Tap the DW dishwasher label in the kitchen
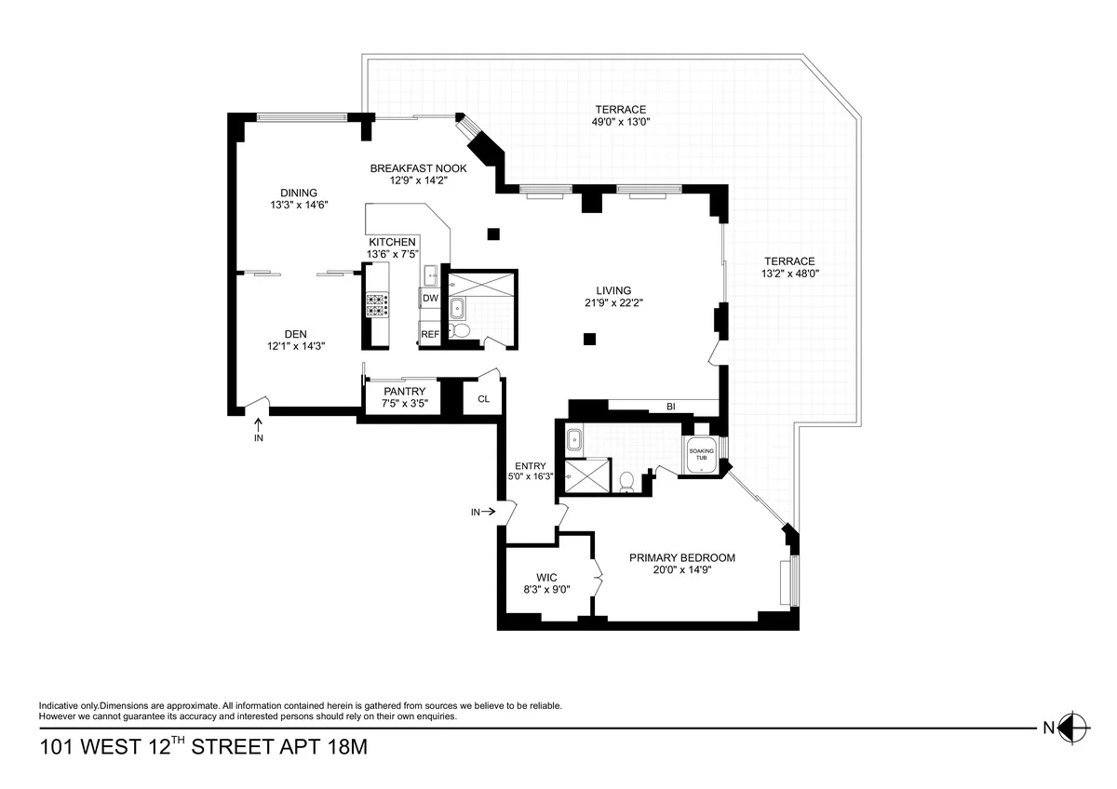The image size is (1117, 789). click(430, 299)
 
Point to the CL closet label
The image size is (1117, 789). click(483, 399)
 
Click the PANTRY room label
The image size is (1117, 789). click(404, 392)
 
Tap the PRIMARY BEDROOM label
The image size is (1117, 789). click(682, 558)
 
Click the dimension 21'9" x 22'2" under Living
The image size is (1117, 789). click(613, 301)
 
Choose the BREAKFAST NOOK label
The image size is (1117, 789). click(418, 168)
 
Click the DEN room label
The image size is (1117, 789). click(296, 334)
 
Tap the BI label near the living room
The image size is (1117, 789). click(669, 407)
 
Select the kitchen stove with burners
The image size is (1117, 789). click(377, 305)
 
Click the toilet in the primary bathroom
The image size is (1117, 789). click(626, 480)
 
